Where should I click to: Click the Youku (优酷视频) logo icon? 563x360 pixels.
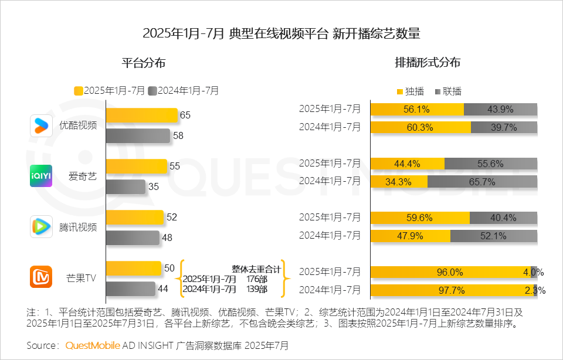[x=41, y=125]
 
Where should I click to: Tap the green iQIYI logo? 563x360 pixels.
[x=41, y=176]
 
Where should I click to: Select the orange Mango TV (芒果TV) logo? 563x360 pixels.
[x=41, y=277]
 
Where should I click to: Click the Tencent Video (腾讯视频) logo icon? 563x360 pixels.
[x=41, y=227]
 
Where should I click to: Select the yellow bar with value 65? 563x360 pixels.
[x=141, y=116]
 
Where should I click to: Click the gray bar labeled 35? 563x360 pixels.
[x=125, y=187]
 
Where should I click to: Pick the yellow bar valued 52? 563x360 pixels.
[x=134, y=218]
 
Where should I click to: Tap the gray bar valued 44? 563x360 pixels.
[x=130, y=289]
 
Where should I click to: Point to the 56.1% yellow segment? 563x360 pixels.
[x=416, y=109]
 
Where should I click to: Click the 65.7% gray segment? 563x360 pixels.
[x=482, y=182]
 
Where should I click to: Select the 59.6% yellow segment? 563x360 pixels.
[x=419, y=218]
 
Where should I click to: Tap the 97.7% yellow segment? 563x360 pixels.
[x=452, y=290]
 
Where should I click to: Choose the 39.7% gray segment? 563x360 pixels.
[x=504, y=127]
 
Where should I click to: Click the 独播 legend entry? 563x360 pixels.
[x=411, y=91]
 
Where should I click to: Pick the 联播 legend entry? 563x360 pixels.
[x=449, y=91]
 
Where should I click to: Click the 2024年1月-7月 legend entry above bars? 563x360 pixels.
[x=184, y=91]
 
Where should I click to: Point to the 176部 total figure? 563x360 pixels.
[x=257, y=279]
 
